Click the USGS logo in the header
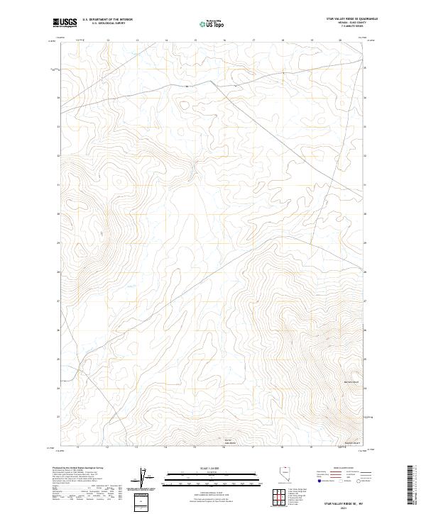click(65, 23)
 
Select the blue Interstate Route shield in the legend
click(322, 481)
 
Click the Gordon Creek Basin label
click(229, 442)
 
